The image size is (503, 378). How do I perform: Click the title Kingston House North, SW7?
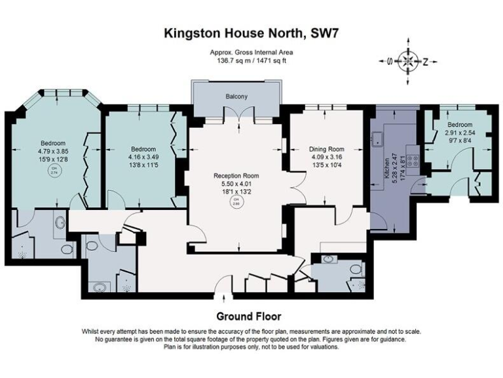point(251,32)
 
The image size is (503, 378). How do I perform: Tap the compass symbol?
point(407,62)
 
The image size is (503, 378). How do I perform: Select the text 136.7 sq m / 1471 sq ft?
point(251,60)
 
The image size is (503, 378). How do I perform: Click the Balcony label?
point(236,97)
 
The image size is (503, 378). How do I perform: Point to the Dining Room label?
point(327,150)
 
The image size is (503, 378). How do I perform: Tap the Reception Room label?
point(236,176)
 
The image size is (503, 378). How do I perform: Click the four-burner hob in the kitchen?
point(412,159)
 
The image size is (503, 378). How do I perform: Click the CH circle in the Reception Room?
point(236,204)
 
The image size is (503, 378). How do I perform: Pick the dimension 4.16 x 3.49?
point(142,157)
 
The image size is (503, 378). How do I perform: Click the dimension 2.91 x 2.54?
point(459,132)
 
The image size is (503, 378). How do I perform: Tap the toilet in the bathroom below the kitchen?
point(354,269)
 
